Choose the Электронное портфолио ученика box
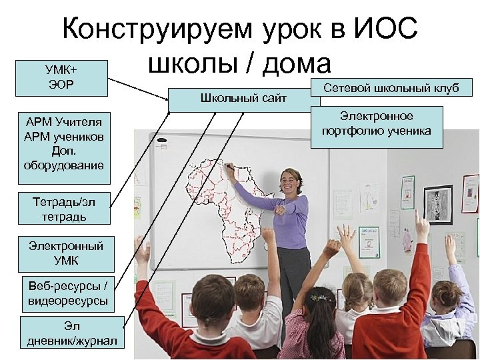[376, 123]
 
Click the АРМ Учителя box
[64, 143]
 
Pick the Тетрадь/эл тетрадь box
[64, 209]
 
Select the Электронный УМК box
[65, 253]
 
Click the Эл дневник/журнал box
[72, 334]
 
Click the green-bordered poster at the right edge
[470, 193]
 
